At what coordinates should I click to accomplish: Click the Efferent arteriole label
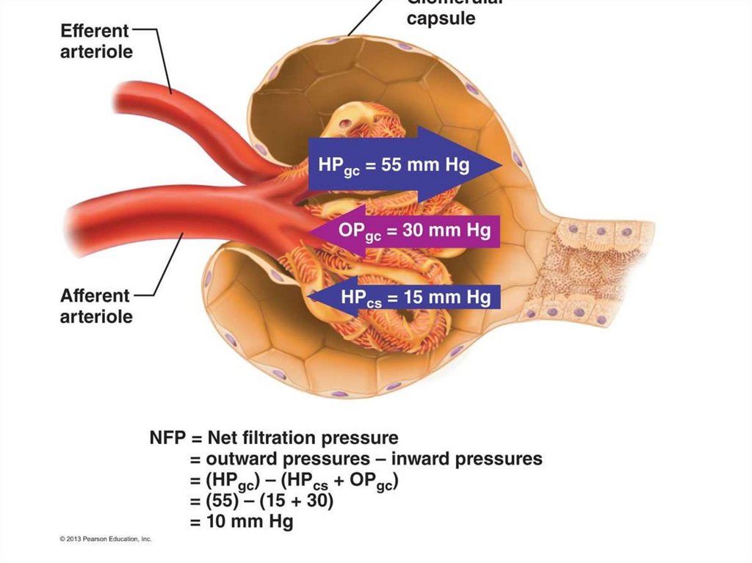click(96, 42)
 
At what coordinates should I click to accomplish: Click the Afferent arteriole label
click(96, 306)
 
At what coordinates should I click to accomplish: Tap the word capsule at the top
click(441, 18)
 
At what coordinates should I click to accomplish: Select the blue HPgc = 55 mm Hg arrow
click(404, 163)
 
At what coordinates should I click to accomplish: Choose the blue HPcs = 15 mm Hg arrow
click(404, 297)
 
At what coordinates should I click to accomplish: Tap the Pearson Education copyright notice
click(106, 540)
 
